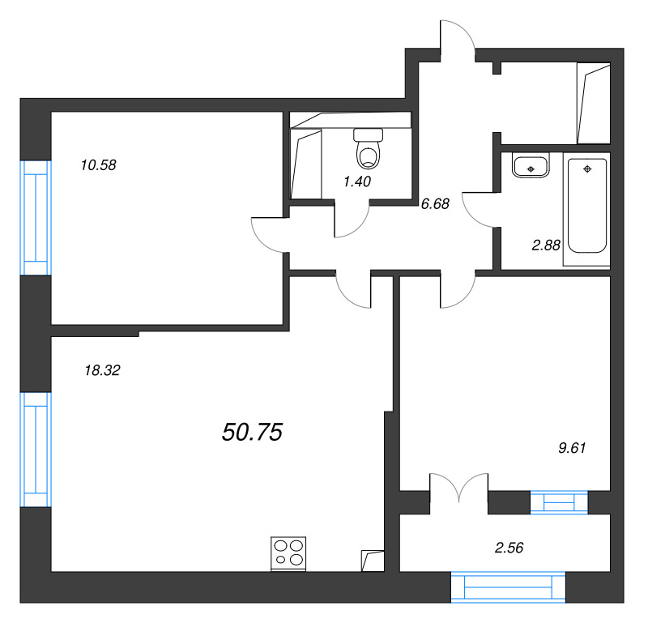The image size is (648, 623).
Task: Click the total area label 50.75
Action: [251, 433]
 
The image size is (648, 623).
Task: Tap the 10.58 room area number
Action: [99, 165]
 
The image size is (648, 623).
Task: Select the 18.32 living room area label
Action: [102, 370]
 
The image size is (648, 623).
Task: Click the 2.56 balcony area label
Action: [509, 548]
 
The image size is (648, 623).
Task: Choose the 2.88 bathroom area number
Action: [546, 244]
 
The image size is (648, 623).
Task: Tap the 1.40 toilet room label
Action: [357, 181]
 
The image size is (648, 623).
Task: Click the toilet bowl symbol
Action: [369, 148]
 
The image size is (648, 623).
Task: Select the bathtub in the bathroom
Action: [588, 206]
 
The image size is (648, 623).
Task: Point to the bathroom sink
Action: [531, 166]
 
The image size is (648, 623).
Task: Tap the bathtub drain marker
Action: [588, 168]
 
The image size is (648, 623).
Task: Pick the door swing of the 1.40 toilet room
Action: [352, 220]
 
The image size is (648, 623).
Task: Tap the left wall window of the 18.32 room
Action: [35, 449]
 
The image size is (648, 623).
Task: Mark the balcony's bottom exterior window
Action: [508, 587]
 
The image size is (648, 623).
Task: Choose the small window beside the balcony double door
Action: [559, 502]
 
